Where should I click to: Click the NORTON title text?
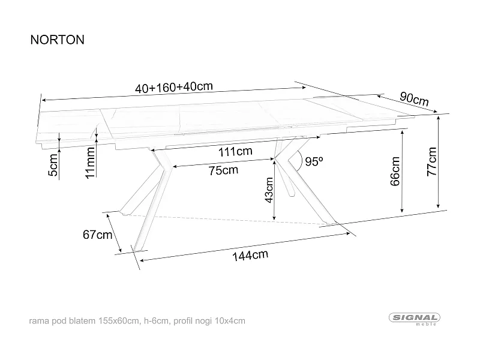(x=57, y=40)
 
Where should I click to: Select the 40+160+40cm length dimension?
(x=174, y=87)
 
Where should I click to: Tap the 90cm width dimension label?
(x=414, y=98)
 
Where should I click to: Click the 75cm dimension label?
(x=223, y=170)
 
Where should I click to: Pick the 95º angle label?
(x=314, y=161)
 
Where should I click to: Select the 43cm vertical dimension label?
(x=269, y=191)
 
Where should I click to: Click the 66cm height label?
(x=395, y=172)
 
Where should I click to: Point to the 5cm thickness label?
(x=53, y=166)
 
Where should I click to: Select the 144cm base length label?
(x=250, y=256)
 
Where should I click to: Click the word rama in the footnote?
(x=38, y=322)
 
